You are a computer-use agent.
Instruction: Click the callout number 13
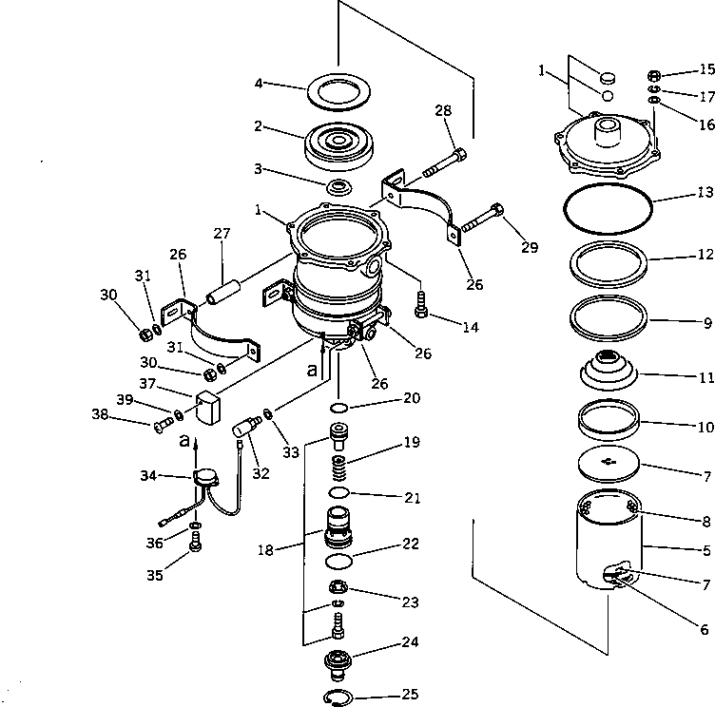point(704,219)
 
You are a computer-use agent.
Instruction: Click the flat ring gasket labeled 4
point(338,95)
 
